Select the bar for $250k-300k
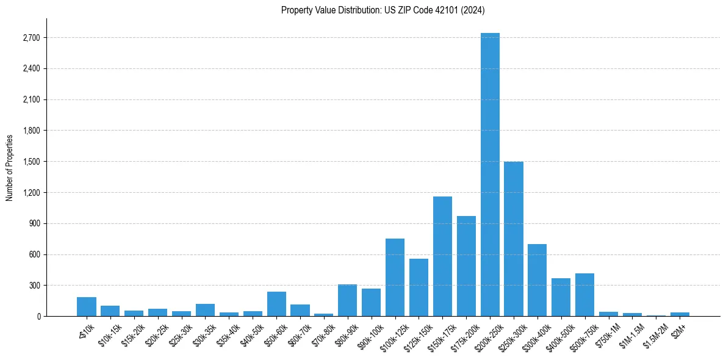point(514,239)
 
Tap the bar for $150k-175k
point(442,256)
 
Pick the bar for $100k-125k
point(395,277)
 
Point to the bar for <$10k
point(87,306)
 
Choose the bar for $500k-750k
point(584,295)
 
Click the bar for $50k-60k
point(276,304)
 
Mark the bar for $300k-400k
point(537,280)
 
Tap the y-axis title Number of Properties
point(10,167)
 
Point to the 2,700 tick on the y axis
point(31,38)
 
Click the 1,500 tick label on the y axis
point(31,162)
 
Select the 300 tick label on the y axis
point(34,286)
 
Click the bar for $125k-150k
point(419,287)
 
